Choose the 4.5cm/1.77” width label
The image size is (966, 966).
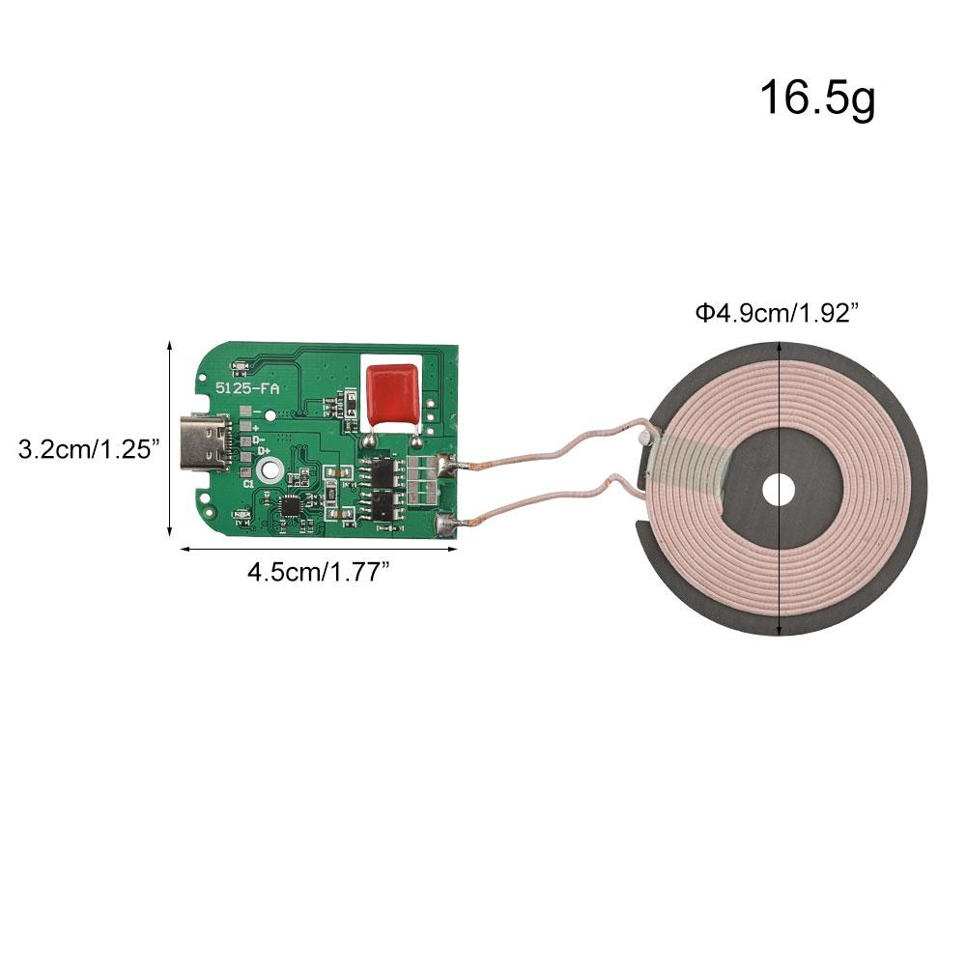[318, 571]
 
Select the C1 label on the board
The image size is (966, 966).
[248, 482]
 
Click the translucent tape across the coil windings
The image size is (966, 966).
[688, 463]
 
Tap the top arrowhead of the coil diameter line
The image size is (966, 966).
[779, 349]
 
